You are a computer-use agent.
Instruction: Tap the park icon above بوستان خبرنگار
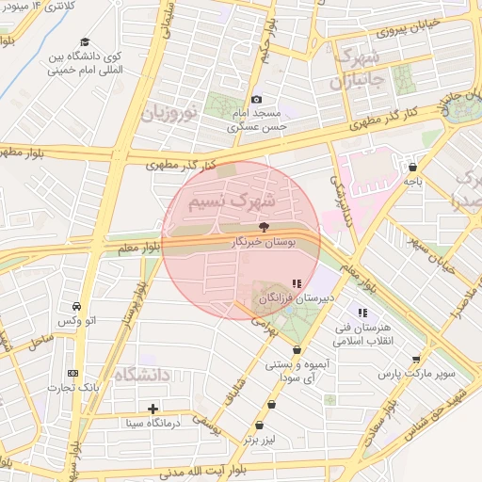(x=263, y=227)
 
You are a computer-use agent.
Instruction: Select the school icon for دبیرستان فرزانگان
(x=297, y=282)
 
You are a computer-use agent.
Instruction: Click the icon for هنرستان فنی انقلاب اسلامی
(x=361, y=313)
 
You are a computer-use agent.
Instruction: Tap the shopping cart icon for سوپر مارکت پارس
(x=416, y=359)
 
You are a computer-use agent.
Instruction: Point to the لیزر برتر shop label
(x=263, y=439)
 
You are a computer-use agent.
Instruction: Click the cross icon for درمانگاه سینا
(x=153, y=409)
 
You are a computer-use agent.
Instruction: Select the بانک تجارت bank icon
(x=73, y=374)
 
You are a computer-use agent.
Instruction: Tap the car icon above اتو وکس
(x=75, y=306)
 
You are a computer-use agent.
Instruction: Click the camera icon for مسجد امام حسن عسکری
(x=256, y=100)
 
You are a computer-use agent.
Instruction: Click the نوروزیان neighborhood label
(x=170, y=114)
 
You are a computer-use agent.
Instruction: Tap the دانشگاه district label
(x=142, y=375)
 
